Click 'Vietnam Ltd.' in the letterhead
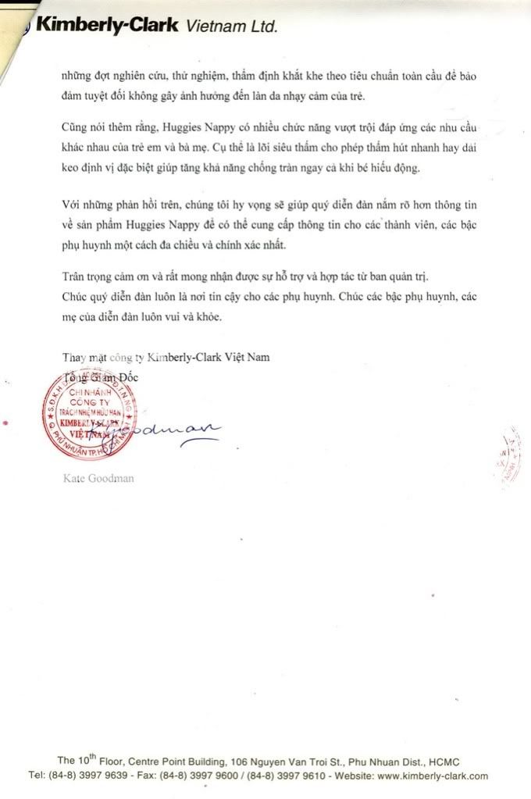coord(230,27)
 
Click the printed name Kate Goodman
coord(98,478)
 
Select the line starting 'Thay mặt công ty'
coord(165,358)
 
